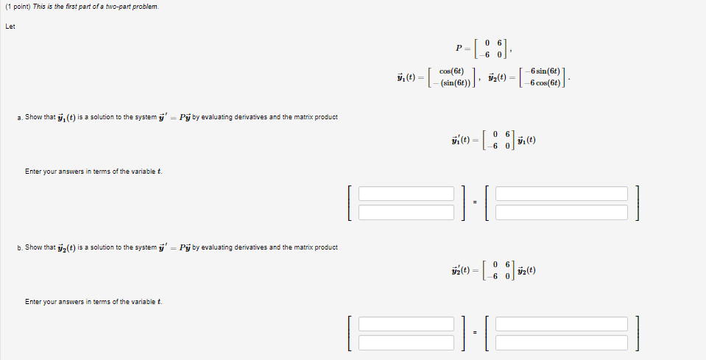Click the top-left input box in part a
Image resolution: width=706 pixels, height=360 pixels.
(406, 194)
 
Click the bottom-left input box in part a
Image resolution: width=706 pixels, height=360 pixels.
(406, 212)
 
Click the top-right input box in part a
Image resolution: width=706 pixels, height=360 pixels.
(562, 194)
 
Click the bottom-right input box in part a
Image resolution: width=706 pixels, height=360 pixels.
(562, 212)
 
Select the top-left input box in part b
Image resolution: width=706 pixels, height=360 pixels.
(406, 324)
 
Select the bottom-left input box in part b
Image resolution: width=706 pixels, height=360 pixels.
(406, 342)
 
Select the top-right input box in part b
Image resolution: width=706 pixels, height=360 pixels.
(562, 324)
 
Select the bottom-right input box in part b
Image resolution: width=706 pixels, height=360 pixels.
(562, 342)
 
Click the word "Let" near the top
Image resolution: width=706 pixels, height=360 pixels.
(10, 27)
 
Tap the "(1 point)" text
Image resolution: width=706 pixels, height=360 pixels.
(17, 7)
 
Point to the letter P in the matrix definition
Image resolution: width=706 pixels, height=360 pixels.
(459, 49)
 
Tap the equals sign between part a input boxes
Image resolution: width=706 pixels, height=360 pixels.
(475, 203)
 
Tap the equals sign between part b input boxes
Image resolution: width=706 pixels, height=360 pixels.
(475, 333)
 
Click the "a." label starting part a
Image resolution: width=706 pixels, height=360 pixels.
(18, 117)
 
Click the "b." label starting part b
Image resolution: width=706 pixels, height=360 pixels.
(18, 247)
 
